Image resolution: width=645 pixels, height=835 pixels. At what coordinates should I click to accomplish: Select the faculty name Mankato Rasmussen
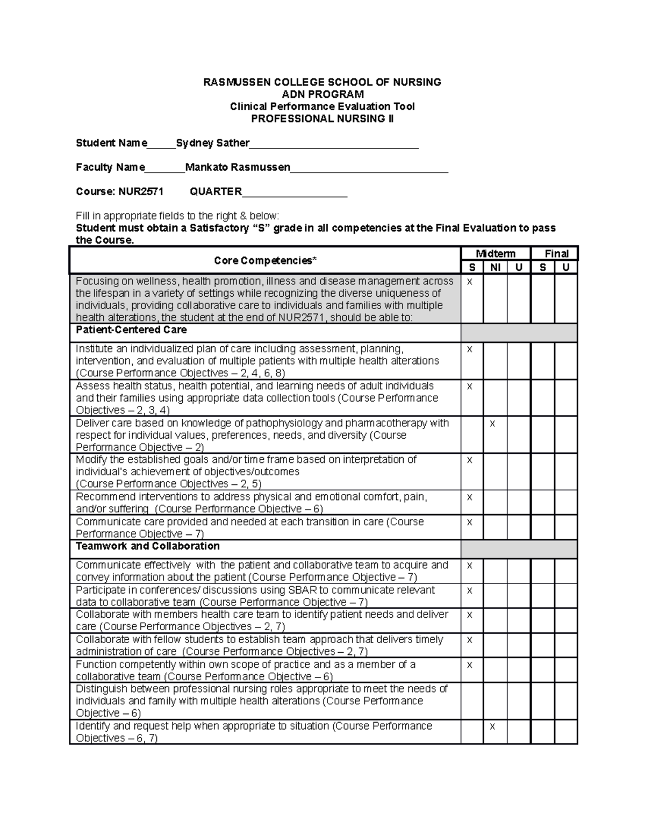click(238, 167)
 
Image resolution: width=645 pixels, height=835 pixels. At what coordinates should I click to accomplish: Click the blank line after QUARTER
click(295, 192)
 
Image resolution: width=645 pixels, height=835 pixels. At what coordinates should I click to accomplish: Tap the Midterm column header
click(495, 254)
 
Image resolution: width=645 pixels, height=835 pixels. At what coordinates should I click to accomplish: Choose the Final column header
click(556, 254)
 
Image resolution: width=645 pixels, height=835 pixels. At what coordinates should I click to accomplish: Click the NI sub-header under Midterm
click(495, 267)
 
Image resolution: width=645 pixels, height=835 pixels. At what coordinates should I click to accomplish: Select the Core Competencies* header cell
click(265, 261)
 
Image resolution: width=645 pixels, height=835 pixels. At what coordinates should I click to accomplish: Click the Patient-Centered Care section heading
click(131, 330)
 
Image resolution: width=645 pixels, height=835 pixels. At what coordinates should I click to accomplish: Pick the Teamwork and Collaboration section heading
click(148, 546)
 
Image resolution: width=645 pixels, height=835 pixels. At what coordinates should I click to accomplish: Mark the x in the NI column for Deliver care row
click(492, 424)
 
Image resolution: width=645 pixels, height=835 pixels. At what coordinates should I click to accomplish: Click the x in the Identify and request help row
click(492, 726)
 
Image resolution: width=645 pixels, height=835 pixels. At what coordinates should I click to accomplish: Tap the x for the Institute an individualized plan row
click(469, 349)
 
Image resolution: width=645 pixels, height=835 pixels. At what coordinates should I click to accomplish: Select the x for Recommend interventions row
click(469, 497)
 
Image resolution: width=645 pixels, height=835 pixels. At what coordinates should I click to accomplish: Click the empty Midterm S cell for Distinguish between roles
click(471, 701)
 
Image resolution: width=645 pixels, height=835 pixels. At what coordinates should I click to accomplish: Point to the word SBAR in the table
click(303, 590)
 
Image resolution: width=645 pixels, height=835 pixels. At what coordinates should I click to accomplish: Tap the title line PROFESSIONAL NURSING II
click(322, 119)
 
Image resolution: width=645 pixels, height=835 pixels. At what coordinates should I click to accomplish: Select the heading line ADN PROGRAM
click(322, 94)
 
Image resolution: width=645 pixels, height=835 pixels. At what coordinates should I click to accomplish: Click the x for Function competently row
click(469, 665)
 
